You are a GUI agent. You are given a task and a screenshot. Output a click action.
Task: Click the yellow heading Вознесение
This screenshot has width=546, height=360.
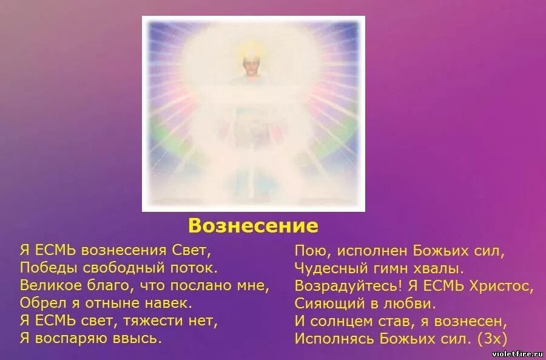click(253, 226)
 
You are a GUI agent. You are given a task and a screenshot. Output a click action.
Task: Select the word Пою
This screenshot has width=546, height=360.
click(308, 250)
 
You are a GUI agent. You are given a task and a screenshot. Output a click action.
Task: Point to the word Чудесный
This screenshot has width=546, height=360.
click(328, 268)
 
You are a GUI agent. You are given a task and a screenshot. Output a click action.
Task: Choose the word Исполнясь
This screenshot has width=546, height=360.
click(332, 338)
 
